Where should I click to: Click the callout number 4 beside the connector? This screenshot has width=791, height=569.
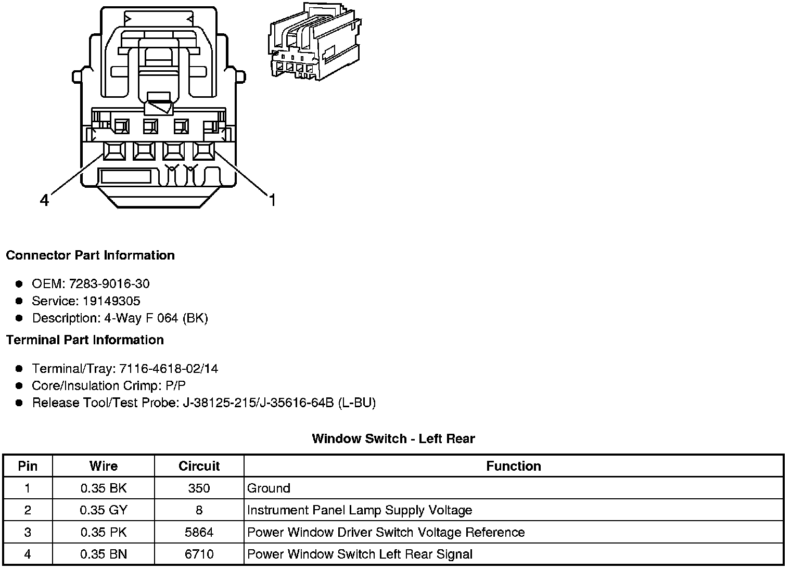point(45,200)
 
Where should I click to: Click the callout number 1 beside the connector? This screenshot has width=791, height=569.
point(272,200)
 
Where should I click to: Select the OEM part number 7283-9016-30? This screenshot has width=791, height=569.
point(109,283)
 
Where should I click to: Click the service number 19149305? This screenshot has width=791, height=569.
point(111,301)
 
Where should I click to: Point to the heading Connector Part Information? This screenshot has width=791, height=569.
point(90,255)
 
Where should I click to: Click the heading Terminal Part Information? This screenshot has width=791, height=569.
point(85,340)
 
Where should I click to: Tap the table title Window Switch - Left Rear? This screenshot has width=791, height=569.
point(393,438)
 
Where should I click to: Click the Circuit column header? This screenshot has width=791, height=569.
point(199,466)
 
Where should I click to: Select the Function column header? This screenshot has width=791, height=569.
point(513,466)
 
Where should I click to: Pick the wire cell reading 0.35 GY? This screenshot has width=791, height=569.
point(104,510)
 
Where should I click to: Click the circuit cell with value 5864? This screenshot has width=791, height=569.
point(199,532)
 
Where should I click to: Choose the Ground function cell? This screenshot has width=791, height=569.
point(269,488)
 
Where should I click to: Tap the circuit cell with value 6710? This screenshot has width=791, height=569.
point(199,554)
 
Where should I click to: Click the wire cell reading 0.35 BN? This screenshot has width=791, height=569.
point(104,554)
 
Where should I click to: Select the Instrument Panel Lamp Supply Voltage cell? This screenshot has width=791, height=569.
point(360,510)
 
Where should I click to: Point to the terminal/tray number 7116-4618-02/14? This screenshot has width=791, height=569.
point(169,369)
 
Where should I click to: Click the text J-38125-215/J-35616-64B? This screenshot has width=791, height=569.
point(258,403)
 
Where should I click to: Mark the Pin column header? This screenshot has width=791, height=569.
point(28,466)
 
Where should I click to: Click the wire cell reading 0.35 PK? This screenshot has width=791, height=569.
point(104,532)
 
